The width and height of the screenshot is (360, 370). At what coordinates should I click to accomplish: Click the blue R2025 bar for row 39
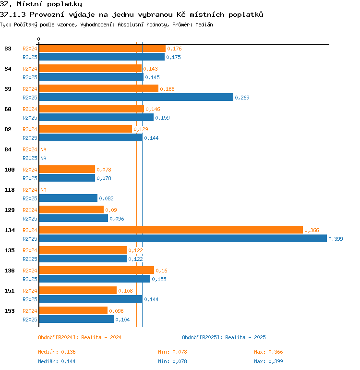136,97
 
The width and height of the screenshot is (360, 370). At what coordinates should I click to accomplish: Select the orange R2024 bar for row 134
171,230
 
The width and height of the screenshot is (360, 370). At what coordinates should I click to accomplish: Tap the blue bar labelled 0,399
183,238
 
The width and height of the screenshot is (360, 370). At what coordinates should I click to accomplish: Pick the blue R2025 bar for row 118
68,198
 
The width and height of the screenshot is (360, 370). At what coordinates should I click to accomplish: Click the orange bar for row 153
73,310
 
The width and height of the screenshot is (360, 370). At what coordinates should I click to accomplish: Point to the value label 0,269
242,98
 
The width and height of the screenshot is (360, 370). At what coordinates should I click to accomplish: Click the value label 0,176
174,49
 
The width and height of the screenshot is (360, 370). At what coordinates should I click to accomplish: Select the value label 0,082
106,198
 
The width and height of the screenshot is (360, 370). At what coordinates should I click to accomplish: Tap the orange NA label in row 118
43,190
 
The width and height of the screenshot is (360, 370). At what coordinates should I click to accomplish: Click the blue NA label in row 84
43,158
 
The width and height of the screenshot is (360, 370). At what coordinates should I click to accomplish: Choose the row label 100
10,170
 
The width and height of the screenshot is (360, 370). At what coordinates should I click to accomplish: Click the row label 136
10,271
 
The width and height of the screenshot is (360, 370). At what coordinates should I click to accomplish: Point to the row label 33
8,49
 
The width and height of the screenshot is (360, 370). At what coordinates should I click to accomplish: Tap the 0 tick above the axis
39,39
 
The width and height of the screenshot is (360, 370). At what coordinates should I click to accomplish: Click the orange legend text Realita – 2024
101,337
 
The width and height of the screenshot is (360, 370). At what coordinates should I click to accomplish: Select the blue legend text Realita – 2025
245,337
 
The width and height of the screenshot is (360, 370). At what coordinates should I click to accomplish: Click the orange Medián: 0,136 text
57,352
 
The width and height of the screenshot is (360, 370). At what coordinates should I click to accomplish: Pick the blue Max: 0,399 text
268,361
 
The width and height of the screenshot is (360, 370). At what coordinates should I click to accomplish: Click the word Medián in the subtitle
204,25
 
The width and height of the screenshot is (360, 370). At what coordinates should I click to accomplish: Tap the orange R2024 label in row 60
30,109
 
